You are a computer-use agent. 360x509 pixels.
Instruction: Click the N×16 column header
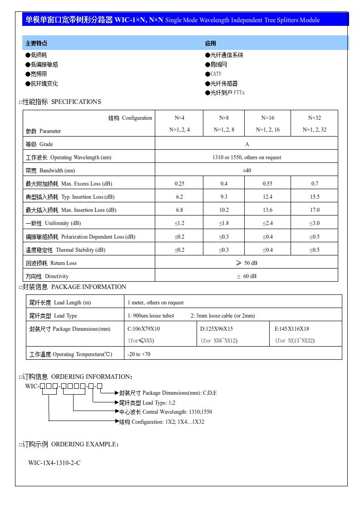pyautogui.click(x=267, y=118)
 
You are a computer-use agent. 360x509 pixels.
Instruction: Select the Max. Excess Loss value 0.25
pyautogui.click(x=179, y=184)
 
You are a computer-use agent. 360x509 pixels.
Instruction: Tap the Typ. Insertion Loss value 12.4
pyautogui.click(x=267, y=197)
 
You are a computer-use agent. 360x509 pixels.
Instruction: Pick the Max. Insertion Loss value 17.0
pyautogui.click(x=315, y=210)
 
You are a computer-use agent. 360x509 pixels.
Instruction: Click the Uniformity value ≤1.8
pyautogui.click(x=224, y=223)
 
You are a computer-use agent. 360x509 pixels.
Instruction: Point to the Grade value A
pyautogui.click(x=247, y=144)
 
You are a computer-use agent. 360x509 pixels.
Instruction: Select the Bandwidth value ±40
pyautogui.click(x=247, y=171)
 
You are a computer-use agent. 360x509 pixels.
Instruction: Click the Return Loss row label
pyautogui.click(x=51, y=263)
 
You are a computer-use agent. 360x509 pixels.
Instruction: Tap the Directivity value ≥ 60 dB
pyautogui.click(x=247, y=276)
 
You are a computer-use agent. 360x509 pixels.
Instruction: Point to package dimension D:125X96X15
pyautogui.click(x=217, y=329)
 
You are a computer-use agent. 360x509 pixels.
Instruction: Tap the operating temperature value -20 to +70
pyautogui.click(x=139, y=354)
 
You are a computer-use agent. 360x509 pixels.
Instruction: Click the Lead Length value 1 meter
pyautogui.click(x=156, y=303)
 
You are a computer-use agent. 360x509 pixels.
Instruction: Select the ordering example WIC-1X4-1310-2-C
pyautogui.click(x=54, y=463)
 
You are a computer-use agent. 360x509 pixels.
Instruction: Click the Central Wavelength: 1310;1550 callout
pyautogui.click(x=166, y=412)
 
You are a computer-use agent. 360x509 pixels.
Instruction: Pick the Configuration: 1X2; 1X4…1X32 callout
pyautogui.click(x=162, y=422)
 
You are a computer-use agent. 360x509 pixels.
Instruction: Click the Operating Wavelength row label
pyautogui.click(x=69, y=157)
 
